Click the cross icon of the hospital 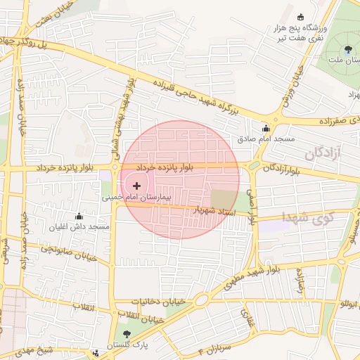tap(136, 186)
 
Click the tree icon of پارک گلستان tap(127, 335)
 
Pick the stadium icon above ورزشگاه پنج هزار tap(301, 17)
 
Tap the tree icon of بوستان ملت tap(349, 49)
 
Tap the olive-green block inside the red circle tap(224, 199)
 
